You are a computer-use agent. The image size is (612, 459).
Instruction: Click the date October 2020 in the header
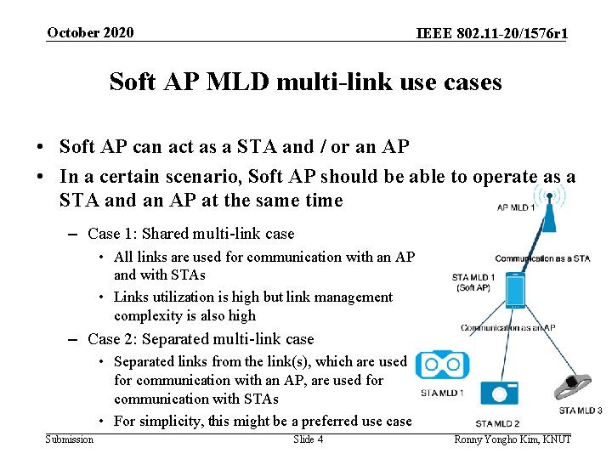tap(90, 33)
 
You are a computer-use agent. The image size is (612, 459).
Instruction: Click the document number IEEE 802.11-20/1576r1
tap(492, 34)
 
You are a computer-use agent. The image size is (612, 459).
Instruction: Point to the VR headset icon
tap(442, 365)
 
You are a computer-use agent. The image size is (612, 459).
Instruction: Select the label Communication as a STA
tap(542, 258)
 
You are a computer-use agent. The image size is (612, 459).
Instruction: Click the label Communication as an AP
tap(508, 328)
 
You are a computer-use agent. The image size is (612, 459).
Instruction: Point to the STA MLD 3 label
tap(581, 411)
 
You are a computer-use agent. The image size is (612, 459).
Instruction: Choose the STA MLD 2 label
tap(497, 423)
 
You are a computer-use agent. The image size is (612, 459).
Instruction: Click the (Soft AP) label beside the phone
tap(473, 288)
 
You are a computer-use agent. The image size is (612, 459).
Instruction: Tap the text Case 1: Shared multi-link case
tap(191, 234)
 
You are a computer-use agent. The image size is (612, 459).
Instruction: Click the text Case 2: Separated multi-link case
tap(201, 339)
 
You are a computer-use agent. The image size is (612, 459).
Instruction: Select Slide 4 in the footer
tap(308, 439)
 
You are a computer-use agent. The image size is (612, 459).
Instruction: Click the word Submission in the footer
tap(70, 439)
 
